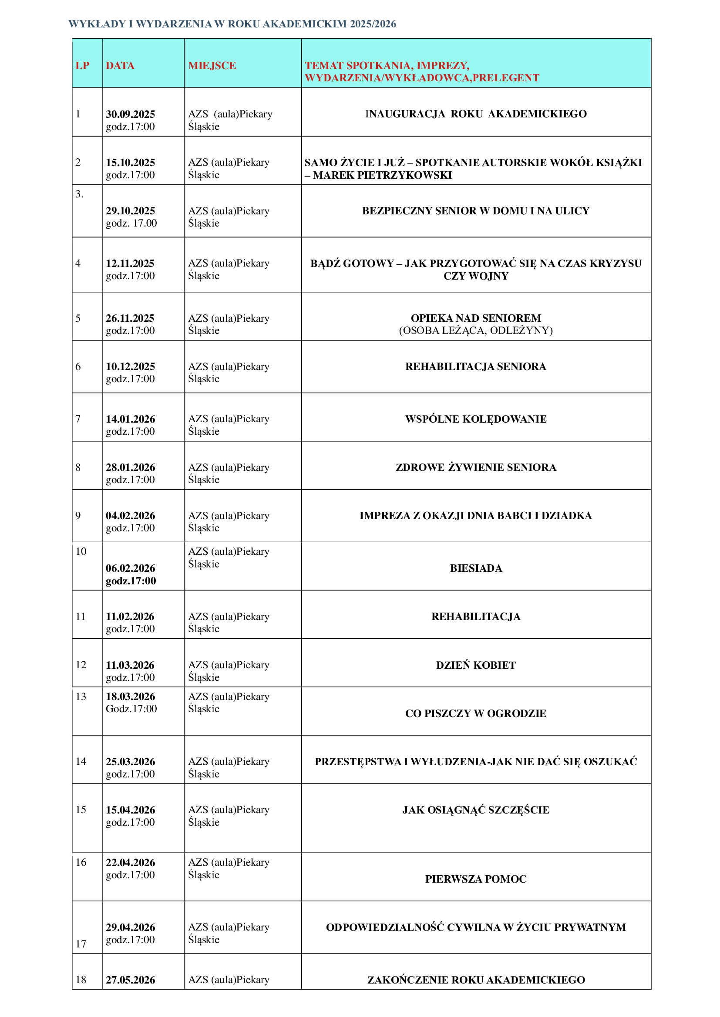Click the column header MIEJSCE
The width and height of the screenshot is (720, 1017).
click(x=212, y=66)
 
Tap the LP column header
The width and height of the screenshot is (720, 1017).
click(x=82, y=66)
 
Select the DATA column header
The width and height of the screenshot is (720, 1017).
click(x=120, y=66)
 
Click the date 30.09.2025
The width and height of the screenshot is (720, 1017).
click(x=130, y=114)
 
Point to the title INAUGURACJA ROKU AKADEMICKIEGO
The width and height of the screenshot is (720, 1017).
click(x=476, y=114)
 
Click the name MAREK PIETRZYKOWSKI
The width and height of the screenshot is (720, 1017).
click(x=382, y=175)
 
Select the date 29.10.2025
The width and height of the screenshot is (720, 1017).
click(x=130, y=210)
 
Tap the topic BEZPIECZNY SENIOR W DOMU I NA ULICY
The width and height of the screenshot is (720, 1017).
click(x=476, y=210)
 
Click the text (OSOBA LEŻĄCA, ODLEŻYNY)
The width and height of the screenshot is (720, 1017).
click(x=476, y=330)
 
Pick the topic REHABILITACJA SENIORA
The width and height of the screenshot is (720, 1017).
click(x=476, y=366)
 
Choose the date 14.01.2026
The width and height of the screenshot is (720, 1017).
click(x=130, y=419)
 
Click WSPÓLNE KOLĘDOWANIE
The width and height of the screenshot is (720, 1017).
click(x=476, y=419)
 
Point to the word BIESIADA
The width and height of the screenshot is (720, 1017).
click(x=476, y=568)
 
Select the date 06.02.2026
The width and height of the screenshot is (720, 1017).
click(x=130, y=568)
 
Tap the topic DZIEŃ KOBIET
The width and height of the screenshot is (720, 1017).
click(x=476, y=665)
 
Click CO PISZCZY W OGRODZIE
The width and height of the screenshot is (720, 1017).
click(x=476, y=713)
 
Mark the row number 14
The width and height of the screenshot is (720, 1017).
click(x=81, y=761)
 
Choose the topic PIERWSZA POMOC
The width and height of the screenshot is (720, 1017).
click(x=476, y=879)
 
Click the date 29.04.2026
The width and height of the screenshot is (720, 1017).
click(x=130, y=927)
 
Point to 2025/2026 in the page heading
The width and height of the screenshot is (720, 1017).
click(x=373, y=24)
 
